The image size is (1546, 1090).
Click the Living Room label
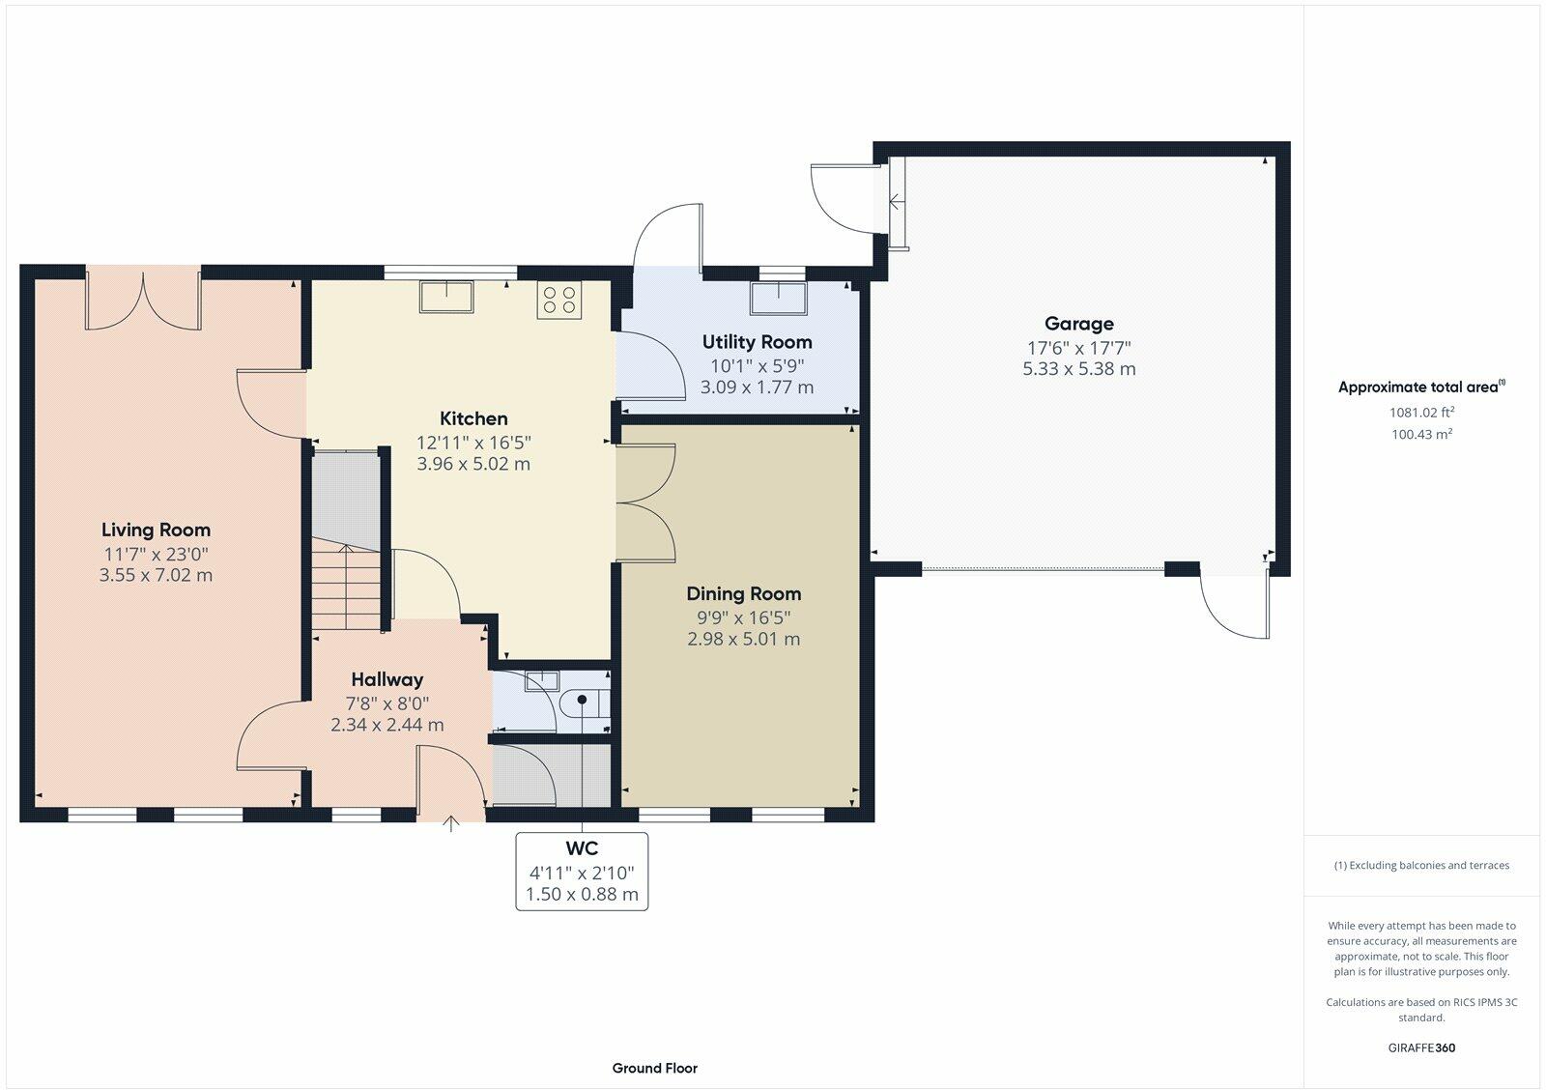(x=156, y=531)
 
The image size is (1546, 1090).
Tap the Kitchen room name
(x=473, y=418)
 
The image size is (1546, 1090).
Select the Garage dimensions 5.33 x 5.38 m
(x=1078, y=368)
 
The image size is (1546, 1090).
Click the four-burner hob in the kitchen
(x=559, y=301)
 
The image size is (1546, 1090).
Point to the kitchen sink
(x=446, y=297)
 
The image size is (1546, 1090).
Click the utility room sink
(x=779, y=299)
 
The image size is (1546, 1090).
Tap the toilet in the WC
(x=585, y=703)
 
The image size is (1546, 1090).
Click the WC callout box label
(x=582, y=847)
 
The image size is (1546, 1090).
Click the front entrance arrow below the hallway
(x=450, y=823)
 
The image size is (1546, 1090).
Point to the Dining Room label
(x=743, y=593)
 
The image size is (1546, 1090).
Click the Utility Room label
(x=758, y=342)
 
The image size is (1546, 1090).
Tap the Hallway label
(x=387, y=680)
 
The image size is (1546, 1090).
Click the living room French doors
(x=144, y=301)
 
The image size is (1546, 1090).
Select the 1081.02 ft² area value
(x=1421, y=412)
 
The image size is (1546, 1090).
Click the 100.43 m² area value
(x=1421, y=434)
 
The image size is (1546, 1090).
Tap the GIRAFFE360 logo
(x=1421, y=1047)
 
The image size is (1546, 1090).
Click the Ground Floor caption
(x=654, y=1068)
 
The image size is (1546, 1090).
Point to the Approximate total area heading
(x=1421, y=387)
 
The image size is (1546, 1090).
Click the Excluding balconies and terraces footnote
(x=1421, y=865)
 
